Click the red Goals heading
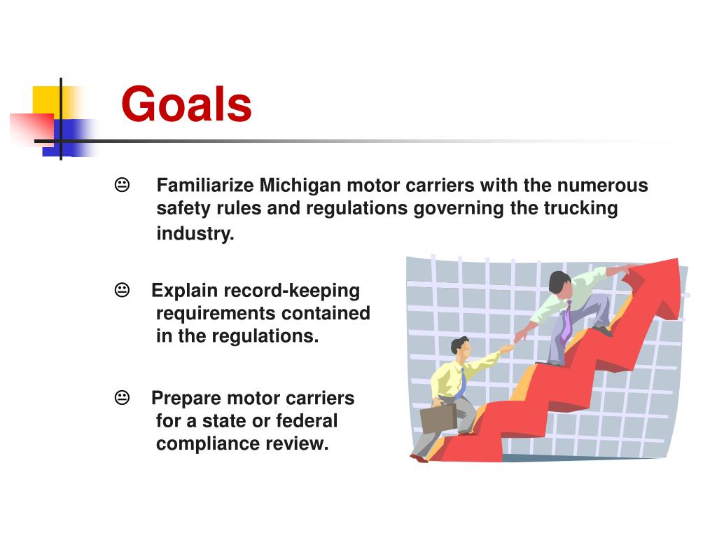coord(186,104)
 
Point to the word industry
coord(195,234)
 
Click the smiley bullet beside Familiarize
coord(122,185)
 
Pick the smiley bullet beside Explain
coord(122,289)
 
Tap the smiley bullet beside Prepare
coord(122,398)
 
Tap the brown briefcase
coord(438,418)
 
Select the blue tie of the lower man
coord(463,384)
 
